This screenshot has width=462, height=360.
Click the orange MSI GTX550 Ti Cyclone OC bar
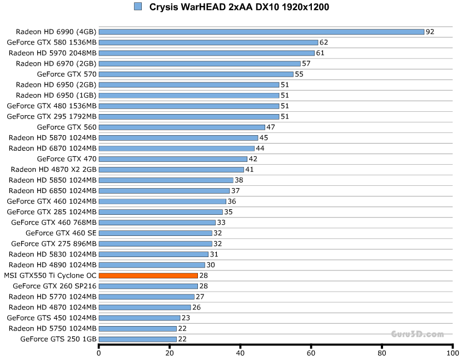148,275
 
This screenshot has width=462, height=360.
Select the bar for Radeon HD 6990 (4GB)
261,32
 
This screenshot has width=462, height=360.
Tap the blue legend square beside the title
138,7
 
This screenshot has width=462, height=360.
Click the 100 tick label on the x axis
453,353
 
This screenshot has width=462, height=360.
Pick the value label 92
430,32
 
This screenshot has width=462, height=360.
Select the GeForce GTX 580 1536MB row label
52,42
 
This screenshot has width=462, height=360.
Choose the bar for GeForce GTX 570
196,74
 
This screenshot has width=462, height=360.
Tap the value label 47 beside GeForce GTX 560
271,127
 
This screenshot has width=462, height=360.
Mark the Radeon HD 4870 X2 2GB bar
171,170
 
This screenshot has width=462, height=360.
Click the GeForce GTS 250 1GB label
58,339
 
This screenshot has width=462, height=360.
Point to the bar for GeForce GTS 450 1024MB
140,318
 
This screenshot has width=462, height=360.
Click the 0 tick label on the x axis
99,353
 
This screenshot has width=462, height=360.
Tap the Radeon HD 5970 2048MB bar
206,53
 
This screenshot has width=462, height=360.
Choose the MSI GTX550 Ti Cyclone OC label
50,275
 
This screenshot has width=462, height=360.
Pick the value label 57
306,63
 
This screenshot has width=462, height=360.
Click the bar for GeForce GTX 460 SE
155,233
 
